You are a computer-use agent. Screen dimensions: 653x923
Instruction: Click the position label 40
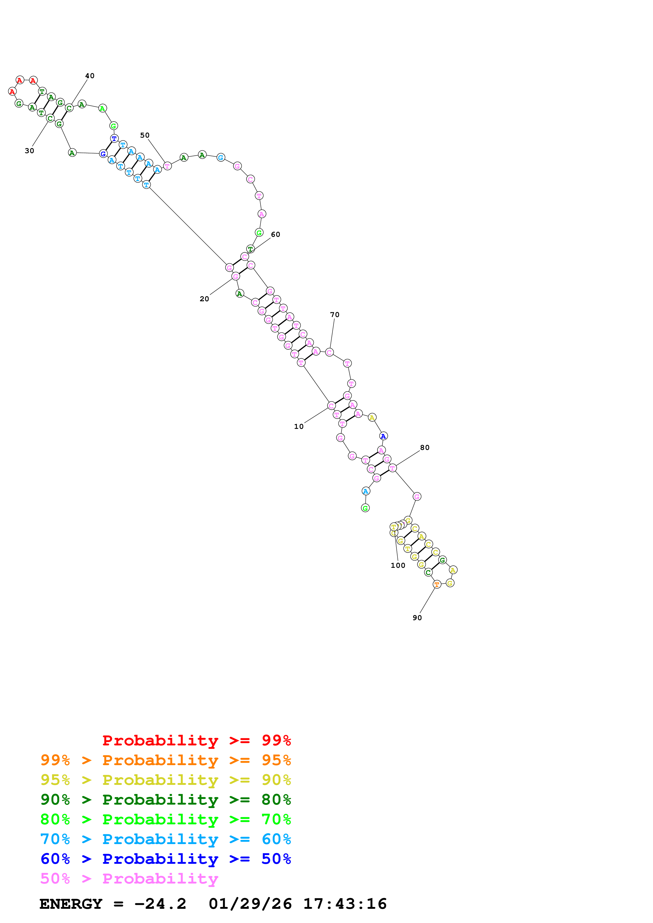click(x=90, y=76)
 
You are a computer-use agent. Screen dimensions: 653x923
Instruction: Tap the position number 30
click(x=30, y=151)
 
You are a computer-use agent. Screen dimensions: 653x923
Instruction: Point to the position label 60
click(x=276, y=234)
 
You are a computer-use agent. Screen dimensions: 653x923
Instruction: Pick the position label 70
click(x=335, y=315)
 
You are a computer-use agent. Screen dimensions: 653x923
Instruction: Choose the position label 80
click(x=425, y=448)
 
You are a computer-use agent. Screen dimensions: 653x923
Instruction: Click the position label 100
click(x=398, y=565)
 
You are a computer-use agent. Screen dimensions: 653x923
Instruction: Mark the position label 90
click(x=417, y=618)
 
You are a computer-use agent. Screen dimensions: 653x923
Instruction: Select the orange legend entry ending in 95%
click(x=166, y=760)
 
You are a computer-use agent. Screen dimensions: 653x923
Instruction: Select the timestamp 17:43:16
click(x=345, y=904)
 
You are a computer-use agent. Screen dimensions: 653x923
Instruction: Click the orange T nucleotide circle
click(x=437, y=584)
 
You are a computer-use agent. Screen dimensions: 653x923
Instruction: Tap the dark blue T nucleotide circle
click(x=114, y=139)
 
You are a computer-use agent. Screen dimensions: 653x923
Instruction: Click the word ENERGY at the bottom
click(x=71, y=904)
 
